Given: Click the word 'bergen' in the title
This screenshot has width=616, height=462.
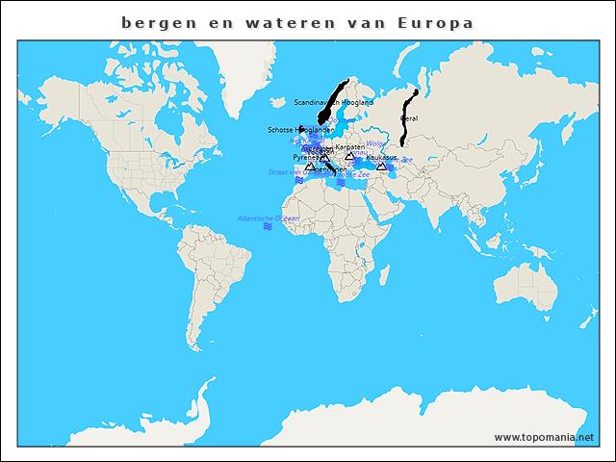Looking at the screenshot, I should [155, 21].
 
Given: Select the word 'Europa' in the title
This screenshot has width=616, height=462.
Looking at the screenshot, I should [436, 21].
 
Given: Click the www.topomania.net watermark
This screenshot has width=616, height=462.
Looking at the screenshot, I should [544, 437].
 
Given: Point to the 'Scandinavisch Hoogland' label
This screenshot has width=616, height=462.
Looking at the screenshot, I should [333, 102].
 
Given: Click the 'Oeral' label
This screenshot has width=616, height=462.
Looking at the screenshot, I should [408, 118].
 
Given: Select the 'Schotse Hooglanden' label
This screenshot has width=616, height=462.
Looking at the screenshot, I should [300, 130].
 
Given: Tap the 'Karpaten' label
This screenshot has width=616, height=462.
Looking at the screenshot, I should [349, 146].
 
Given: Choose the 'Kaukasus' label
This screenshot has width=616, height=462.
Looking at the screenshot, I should [382, 156].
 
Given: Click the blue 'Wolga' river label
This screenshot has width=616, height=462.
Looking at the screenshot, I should [375, 143].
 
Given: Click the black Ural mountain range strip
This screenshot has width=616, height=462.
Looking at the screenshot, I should [408, 115].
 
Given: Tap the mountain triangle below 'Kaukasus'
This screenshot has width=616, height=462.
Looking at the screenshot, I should [381, 167].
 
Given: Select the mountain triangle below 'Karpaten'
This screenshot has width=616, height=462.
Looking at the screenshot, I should [349, 156].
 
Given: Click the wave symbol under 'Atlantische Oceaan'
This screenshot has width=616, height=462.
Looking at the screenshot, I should [268, 227].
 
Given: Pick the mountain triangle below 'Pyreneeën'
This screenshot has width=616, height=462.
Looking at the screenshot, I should [310, 167].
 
